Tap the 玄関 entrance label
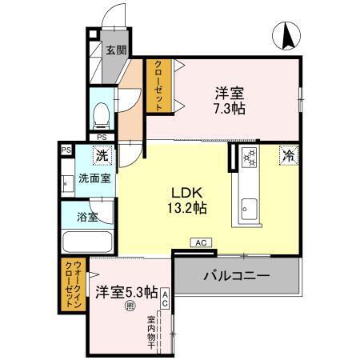click(116, 50)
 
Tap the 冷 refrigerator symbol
click(287, 157)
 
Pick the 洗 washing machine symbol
click(102, 157)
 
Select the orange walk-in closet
click(70, 285)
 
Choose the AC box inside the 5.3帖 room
click(165, 298)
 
